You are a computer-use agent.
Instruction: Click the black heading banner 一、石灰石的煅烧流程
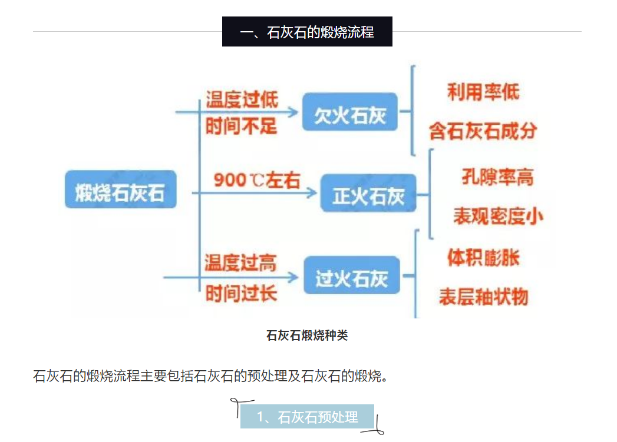click(x=307, y=31)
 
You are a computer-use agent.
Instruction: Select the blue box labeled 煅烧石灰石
click(x=120, y=190)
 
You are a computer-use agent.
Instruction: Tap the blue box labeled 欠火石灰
click(x=350, y=112)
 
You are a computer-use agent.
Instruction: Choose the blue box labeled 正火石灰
click(x=368, y=193)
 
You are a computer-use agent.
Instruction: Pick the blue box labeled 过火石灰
click(x=352, y=275)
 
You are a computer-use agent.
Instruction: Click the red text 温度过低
click(x=242, y=99)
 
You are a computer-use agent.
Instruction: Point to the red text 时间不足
click(x=241, y=126)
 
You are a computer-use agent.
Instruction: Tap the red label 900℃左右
click(x=257, y=180)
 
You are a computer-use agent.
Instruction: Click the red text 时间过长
click(x=241, y=294)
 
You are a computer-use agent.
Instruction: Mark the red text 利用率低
click(x=483, y=92)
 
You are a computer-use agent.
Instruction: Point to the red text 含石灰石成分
click(x=483, y=131)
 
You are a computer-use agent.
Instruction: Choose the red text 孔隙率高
click(x=498, y=177)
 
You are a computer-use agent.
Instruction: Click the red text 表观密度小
click(x=498, y=216)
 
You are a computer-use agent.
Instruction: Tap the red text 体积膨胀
click(x=483, y=258)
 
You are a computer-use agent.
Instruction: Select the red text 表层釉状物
click(x=484, y=297)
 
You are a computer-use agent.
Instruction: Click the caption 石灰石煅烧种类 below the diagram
click(x=307, y=335)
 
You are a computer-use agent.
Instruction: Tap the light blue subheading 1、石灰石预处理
click(x=307, y=417)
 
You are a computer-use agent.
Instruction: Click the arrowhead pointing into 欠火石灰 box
click(x=293, y=112)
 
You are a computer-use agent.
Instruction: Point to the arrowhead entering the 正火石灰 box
click(x=312, y=192)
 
